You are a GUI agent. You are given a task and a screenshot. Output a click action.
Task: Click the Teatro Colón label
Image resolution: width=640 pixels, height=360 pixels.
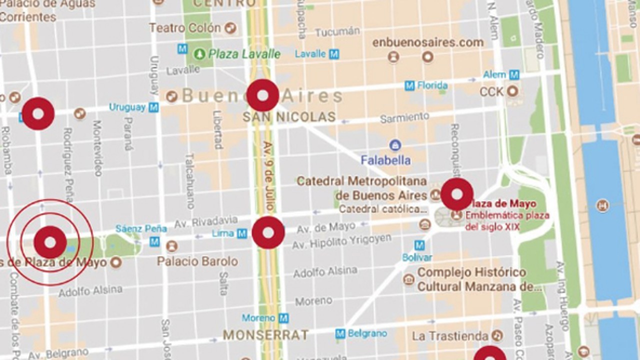coord(184,28)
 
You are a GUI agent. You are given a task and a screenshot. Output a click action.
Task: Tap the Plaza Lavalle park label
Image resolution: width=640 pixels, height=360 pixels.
coord(244,53)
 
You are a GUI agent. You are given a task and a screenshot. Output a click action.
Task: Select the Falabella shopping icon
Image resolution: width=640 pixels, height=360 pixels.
coord(395,145)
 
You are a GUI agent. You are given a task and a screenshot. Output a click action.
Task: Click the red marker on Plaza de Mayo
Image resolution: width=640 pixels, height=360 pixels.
coord(456,194)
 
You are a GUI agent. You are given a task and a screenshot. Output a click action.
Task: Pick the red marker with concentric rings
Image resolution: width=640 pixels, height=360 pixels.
coord(50,242)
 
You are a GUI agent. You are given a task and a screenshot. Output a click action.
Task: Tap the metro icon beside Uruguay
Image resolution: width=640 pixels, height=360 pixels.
coord(154,107)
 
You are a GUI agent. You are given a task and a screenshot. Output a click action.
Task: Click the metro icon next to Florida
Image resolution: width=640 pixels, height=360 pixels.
coord(409,85)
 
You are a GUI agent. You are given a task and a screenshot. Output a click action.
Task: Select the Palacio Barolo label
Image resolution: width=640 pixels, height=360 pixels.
coord(197,261)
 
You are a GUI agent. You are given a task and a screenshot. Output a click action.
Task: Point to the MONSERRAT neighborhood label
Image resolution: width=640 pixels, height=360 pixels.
coord(265,334)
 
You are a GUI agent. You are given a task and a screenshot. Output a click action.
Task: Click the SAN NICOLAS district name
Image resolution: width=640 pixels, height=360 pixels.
coord(289,117)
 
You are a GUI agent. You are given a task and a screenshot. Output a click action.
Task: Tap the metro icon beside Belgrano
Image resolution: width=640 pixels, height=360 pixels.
coord(340,333)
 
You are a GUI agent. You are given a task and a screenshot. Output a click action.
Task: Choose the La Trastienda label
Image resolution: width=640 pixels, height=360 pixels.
coord(450,336)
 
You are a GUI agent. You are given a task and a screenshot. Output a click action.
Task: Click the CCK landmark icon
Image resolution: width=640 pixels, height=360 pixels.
coord(512,91)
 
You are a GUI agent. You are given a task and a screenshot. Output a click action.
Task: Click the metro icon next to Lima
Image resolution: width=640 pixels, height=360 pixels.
coord(242,233)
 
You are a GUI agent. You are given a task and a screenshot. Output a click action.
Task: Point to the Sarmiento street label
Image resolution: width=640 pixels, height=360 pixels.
coord(404,118)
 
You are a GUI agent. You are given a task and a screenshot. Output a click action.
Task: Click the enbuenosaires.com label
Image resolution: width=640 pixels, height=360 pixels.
coord(428,42)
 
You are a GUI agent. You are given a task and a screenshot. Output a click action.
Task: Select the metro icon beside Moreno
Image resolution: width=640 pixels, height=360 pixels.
coord(283,318)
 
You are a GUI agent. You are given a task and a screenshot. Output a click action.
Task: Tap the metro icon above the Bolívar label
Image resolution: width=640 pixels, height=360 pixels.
coord(419,245)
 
